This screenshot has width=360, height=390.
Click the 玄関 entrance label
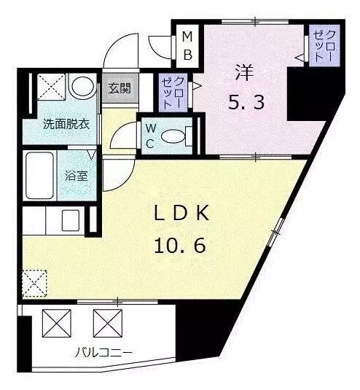pos(120,87)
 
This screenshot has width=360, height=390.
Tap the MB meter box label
pos(187,46)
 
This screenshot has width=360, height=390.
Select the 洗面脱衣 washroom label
pos(66,124)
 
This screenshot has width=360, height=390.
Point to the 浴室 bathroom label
pos(76,176)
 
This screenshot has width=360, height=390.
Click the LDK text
pos(181,214)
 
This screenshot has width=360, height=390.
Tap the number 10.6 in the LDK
pos(180,245)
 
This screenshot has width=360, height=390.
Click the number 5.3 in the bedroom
pos(246,102)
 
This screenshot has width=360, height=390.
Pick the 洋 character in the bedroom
pos(244,73)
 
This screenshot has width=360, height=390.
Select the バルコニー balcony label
pos(103,352)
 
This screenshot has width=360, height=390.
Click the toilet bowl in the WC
pos(173,136)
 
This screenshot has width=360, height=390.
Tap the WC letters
pos(151,136)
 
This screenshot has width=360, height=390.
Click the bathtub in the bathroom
pos(40,176)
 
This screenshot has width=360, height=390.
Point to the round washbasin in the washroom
pos(83,86)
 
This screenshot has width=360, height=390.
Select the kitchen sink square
pos(71,220)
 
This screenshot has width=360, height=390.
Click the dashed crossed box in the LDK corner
pos(34,284)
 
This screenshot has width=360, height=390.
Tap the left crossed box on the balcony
pos(56,323)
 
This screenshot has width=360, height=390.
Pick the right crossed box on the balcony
pos(108,323)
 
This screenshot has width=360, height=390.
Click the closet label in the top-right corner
pos(324,46)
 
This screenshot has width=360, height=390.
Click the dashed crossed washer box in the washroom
pos(51,86)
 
